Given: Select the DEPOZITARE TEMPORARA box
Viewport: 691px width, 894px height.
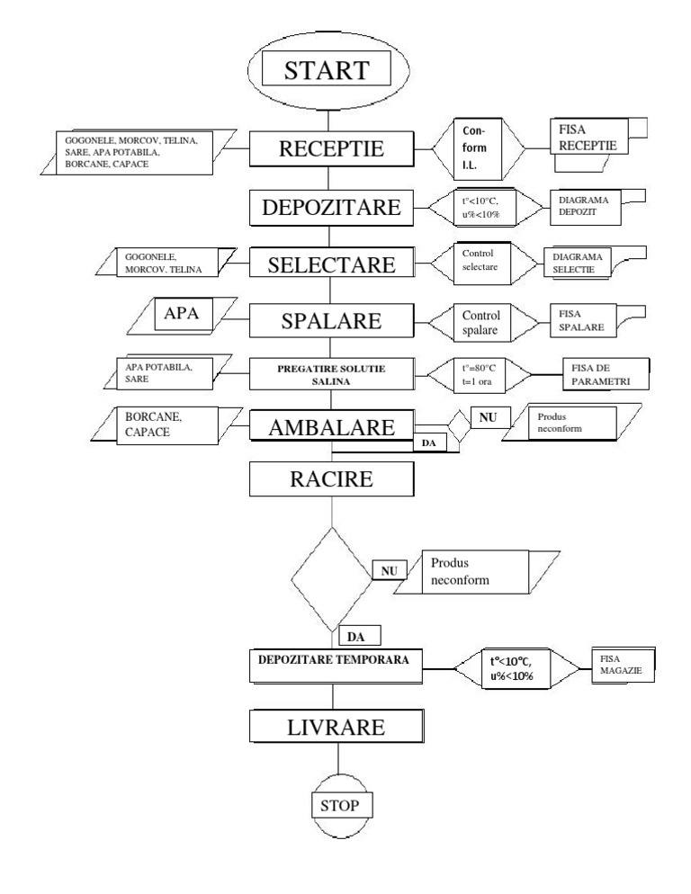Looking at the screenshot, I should (x=334, y=660).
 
